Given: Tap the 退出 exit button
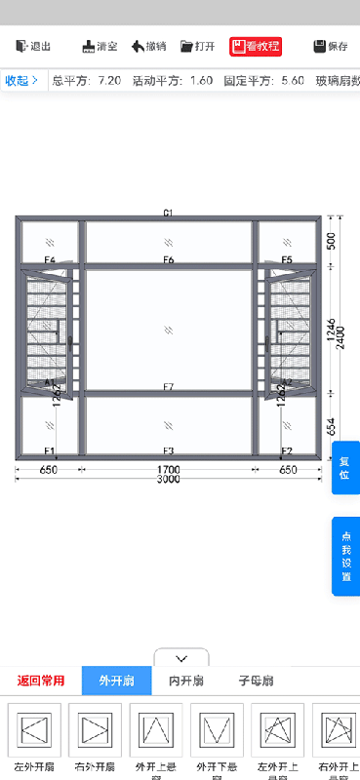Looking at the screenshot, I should (33, 46).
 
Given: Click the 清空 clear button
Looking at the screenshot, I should (100, 46).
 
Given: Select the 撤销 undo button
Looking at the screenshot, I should (148, 46).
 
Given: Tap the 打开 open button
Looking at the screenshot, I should (198, 46).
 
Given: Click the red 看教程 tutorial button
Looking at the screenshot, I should (256, 46).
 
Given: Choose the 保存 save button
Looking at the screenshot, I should (331, 46).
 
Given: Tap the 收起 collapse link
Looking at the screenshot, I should (21, 80).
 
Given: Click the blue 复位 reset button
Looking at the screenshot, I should (344, 468).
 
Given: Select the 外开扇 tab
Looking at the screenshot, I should (116, 681).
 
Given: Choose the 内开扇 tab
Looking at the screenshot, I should (186, 681).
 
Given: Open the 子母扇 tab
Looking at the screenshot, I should (256, 681).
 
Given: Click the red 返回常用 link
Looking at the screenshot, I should (41, 681).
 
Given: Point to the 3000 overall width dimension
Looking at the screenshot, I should (169, 480).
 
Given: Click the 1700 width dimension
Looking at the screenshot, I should (169, 469).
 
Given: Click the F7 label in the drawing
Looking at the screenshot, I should (169, 388).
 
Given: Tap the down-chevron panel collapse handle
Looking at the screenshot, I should (181, 659).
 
